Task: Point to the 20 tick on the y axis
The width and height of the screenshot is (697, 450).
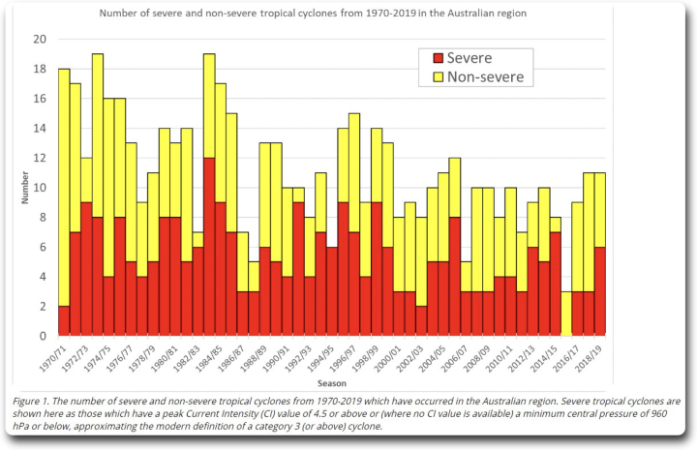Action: tap(40, 40)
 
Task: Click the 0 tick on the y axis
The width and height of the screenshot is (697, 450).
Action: tap(43, 336)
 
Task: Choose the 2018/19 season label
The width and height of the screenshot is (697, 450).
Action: tap(591, 355)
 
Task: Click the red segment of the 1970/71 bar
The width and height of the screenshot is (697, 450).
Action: tap(64, 320)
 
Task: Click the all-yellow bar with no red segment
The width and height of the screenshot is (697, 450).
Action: tap(566, 314)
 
